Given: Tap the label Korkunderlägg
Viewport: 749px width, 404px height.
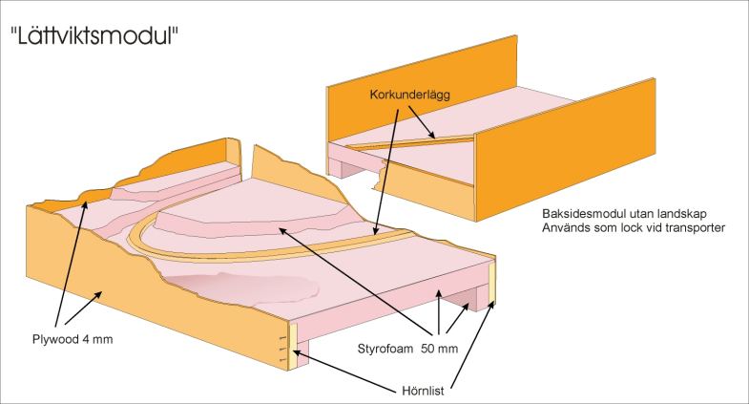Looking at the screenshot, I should coord(406,96).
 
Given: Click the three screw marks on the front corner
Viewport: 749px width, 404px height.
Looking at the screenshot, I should coord(283,348).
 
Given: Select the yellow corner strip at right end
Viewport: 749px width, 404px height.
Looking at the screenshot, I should coord(493,287).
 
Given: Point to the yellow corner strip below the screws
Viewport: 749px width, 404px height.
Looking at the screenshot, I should coord(292,350).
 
